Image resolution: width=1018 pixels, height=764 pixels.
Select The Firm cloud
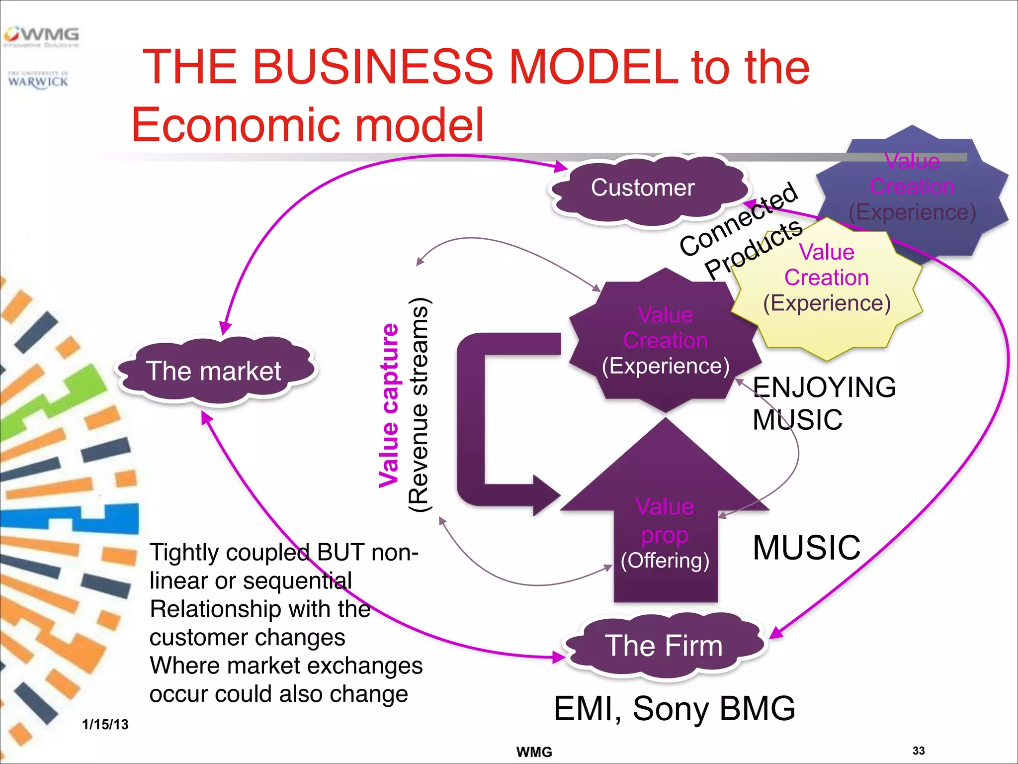664,646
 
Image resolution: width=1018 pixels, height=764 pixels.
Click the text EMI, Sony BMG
675,708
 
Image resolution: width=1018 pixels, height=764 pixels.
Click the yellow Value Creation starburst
827,288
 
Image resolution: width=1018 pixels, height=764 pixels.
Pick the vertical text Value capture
389,405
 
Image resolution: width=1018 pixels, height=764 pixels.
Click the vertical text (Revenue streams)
419,405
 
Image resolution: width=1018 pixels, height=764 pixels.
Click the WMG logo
42,36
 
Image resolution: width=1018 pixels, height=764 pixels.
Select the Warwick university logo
38,80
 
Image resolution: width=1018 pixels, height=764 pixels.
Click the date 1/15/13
105,724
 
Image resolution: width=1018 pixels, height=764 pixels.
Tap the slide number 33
918,751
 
